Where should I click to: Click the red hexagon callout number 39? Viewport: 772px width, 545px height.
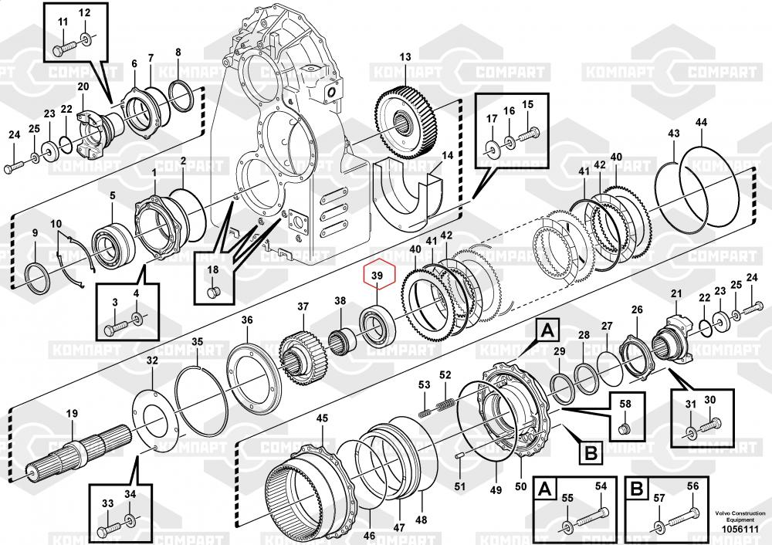point(378,276)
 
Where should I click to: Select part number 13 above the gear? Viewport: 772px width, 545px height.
point(406,58)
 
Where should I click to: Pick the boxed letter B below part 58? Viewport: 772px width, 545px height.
point(591,453)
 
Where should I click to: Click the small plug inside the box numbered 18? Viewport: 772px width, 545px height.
point(214,292)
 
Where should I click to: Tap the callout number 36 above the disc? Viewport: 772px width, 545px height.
point(246,320)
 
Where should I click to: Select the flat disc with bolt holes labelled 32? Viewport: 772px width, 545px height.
point(155,420)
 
